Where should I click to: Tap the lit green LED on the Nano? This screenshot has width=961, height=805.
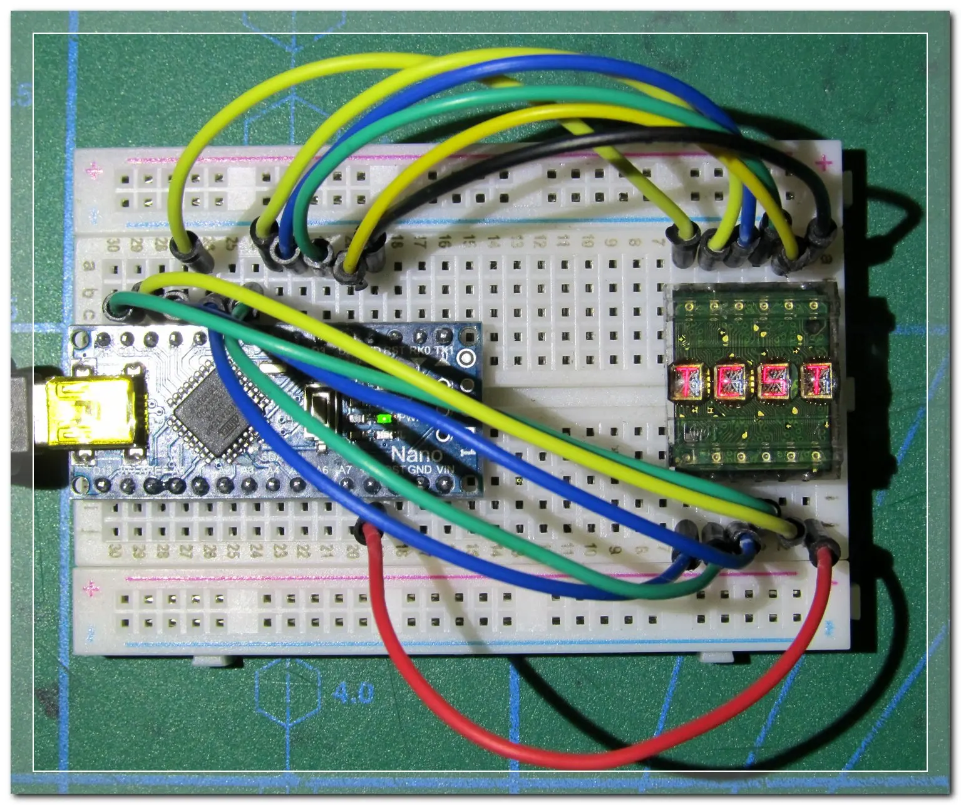point(384,418)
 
